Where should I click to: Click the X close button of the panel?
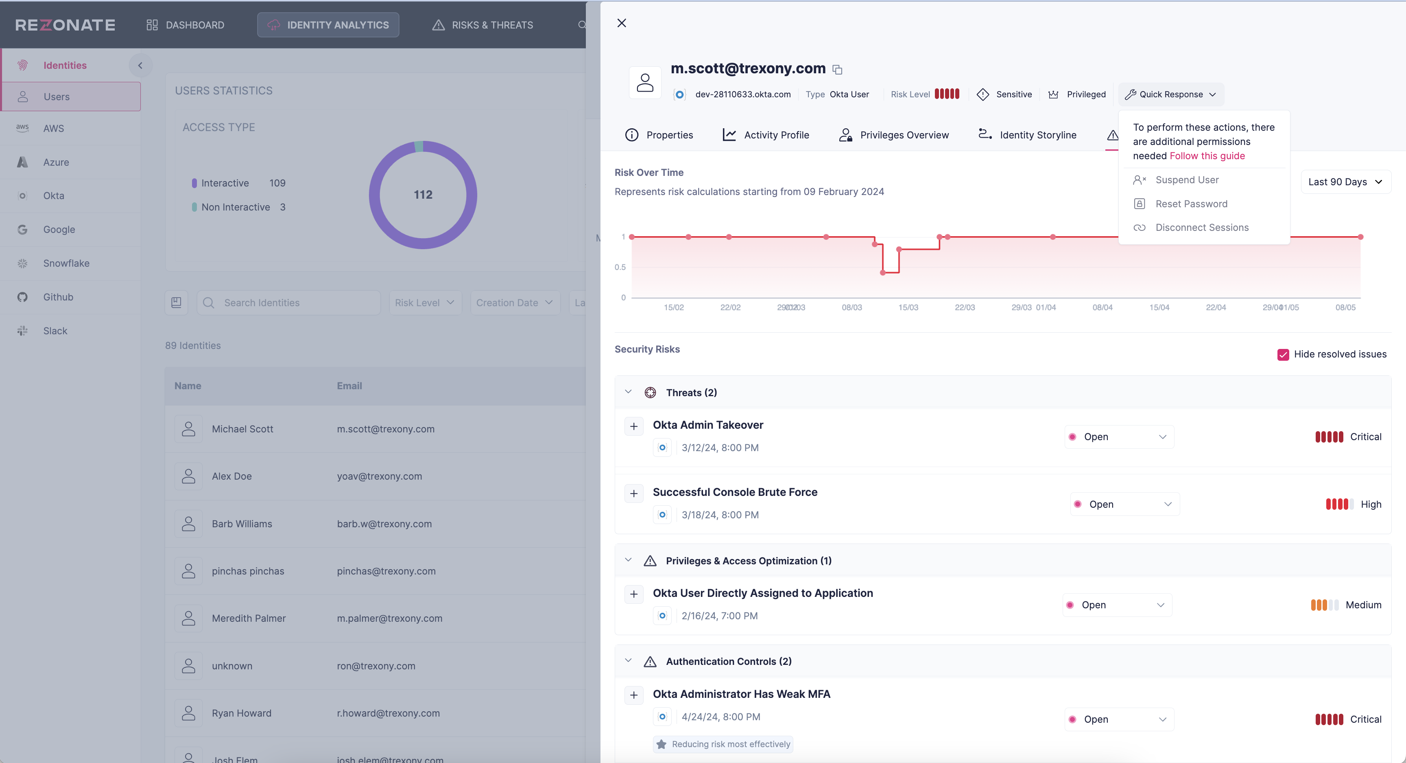pos(621,23)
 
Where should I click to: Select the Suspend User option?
pos(1187,180)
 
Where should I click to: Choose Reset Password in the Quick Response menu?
pos(1191,204)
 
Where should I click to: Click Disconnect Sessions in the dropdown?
pos(1201,227)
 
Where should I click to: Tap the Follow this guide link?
pos(1207,156)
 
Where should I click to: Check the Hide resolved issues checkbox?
pos(1283,355)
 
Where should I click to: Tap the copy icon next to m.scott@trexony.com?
pos(837,69)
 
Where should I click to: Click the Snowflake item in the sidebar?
pos(66,263)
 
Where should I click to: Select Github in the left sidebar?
pos(58,297)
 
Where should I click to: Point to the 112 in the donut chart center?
pos(423,195)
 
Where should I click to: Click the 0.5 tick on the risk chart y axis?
pos(620,267)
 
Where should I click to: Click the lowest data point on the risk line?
pos(882,272)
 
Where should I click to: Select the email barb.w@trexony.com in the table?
pos(384,524)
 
